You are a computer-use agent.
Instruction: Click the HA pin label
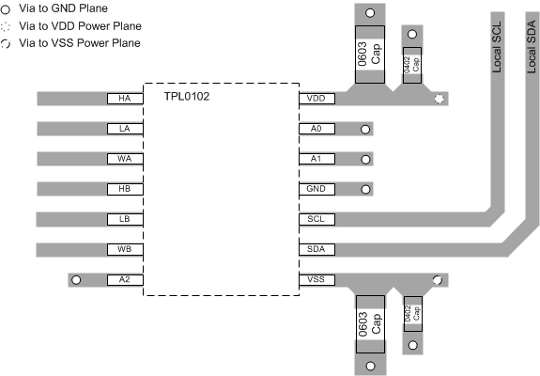tap(124, 98)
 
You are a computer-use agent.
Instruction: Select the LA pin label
tap(124, 129)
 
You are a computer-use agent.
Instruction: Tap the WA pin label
tap(124, 159)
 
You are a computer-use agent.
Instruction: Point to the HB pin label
tap(124, 189)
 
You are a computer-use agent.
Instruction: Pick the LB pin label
tap(124, 219)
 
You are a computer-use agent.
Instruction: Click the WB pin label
tap(124, 249)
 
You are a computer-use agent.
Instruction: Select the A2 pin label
tap(124, 279)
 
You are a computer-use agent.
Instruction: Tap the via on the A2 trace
tap(77, 279)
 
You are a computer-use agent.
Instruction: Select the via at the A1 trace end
tap(365, 159)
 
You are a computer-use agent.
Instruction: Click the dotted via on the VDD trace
tap(438, 98)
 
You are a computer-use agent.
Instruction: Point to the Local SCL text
tap(499, 47)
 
